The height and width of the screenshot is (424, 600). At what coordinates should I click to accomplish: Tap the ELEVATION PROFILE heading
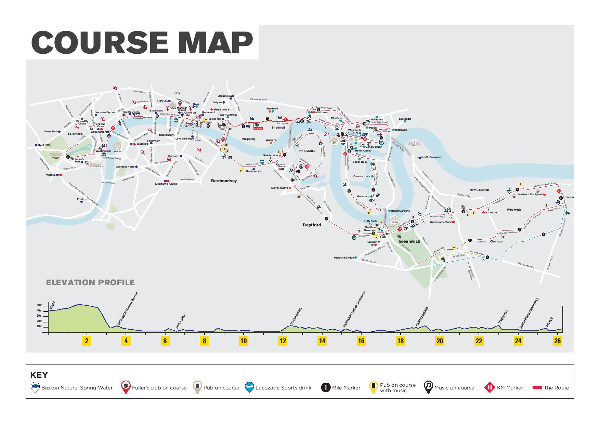[90, 282]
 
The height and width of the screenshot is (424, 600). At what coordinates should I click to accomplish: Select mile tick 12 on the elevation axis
[283, 341]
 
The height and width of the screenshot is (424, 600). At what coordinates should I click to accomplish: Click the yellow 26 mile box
[558, 341]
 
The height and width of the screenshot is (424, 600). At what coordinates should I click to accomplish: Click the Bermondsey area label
[224, 181]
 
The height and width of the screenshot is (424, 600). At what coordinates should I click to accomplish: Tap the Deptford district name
[312, 225]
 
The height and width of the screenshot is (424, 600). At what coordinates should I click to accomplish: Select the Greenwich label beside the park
[409, 241]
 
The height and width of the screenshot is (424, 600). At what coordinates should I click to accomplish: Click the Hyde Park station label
[44, 145]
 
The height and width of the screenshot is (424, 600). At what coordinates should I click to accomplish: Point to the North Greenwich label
[431, 157]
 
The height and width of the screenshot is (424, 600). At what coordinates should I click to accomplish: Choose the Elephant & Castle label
[166, 184]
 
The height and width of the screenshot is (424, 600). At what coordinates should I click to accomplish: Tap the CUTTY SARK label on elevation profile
[181, 321]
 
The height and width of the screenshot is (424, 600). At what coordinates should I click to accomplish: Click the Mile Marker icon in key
[326, 387]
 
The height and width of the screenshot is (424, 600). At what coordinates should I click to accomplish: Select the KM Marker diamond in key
[490, 387]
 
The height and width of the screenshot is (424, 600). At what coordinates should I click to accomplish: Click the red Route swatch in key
[537, 388]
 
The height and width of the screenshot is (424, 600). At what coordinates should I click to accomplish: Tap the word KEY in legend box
[39, 375]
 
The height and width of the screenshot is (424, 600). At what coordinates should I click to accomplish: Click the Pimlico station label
[81, 199]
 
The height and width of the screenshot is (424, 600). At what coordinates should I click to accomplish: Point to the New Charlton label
[479, 190]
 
